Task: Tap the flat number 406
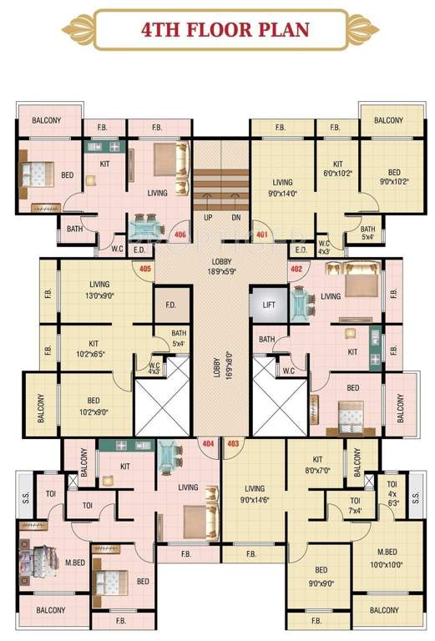point(180,235)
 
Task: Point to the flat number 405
point(144,269)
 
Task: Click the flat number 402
point(296,269)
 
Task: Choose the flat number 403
point(233,444)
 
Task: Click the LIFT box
point(269,305)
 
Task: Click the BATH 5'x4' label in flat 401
point(367,232)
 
